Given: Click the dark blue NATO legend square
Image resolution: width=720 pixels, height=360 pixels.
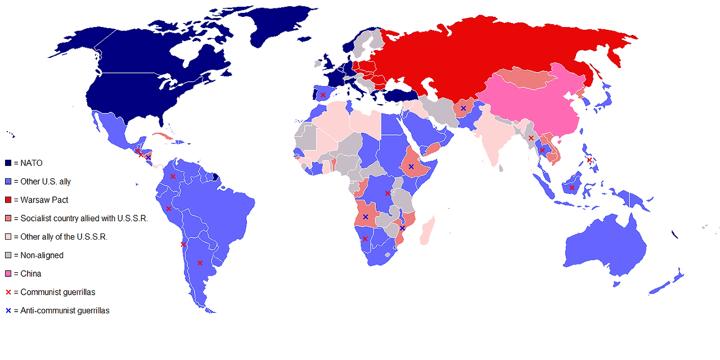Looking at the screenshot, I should pyautogui.click(x=8, y=163).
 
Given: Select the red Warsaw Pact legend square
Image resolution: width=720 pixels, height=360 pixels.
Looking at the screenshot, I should pyautogui.click(x=8, y=200).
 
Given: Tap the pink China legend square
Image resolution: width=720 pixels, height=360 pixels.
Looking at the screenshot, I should pyautogui.click(x=8, y=273).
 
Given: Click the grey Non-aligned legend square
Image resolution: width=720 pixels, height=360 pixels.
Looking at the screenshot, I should pyautogui.click(x=8, y=255).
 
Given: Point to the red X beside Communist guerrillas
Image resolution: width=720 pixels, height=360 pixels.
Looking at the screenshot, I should pyautogui.click(x=8, y=292).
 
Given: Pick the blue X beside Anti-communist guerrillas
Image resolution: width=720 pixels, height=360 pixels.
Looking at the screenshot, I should pyautogui.click(x=8, y=310).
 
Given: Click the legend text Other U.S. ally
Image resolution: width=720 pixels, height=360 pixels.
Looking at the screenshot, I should pyautogui.click(x=46, y=182).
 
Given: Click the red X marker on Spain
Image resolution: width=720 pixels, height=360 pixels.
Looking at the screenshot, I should pyautogui.click(x=323, y=95).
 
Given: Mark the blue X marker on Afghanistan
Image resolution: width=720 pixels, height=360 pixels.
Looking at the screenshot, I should pyautogui.click(x=463, y=108).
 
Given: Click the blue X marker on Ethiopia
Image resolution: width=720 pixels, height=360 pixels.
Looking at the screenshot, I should pyautogui.click(x=411, y=166).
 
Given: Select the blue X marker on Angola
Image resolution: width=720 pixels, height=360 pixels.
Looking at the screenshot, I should pyautogui.click(x=366, y=217).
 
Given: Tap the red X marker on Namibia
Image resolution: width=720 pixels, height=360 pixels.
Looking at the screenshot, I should pyautogui.click(x=365, y=239).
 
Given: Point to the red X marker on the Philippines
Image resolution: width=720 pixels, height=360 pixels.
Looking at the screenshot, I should pyautogui.click(x=589, y=160).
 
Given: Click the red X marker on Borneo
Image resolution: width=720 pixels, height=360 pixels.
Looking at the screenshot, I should pyautogui.click(x=572, y=187).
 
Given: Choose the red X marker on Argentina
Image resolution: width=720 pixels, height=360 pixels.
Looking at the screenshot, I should pyautogui.click(x=200, y=263).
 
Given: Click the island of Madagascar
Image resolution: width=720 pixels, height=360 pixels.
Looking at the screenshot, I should pyautogui.click(x=428, y=231).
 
